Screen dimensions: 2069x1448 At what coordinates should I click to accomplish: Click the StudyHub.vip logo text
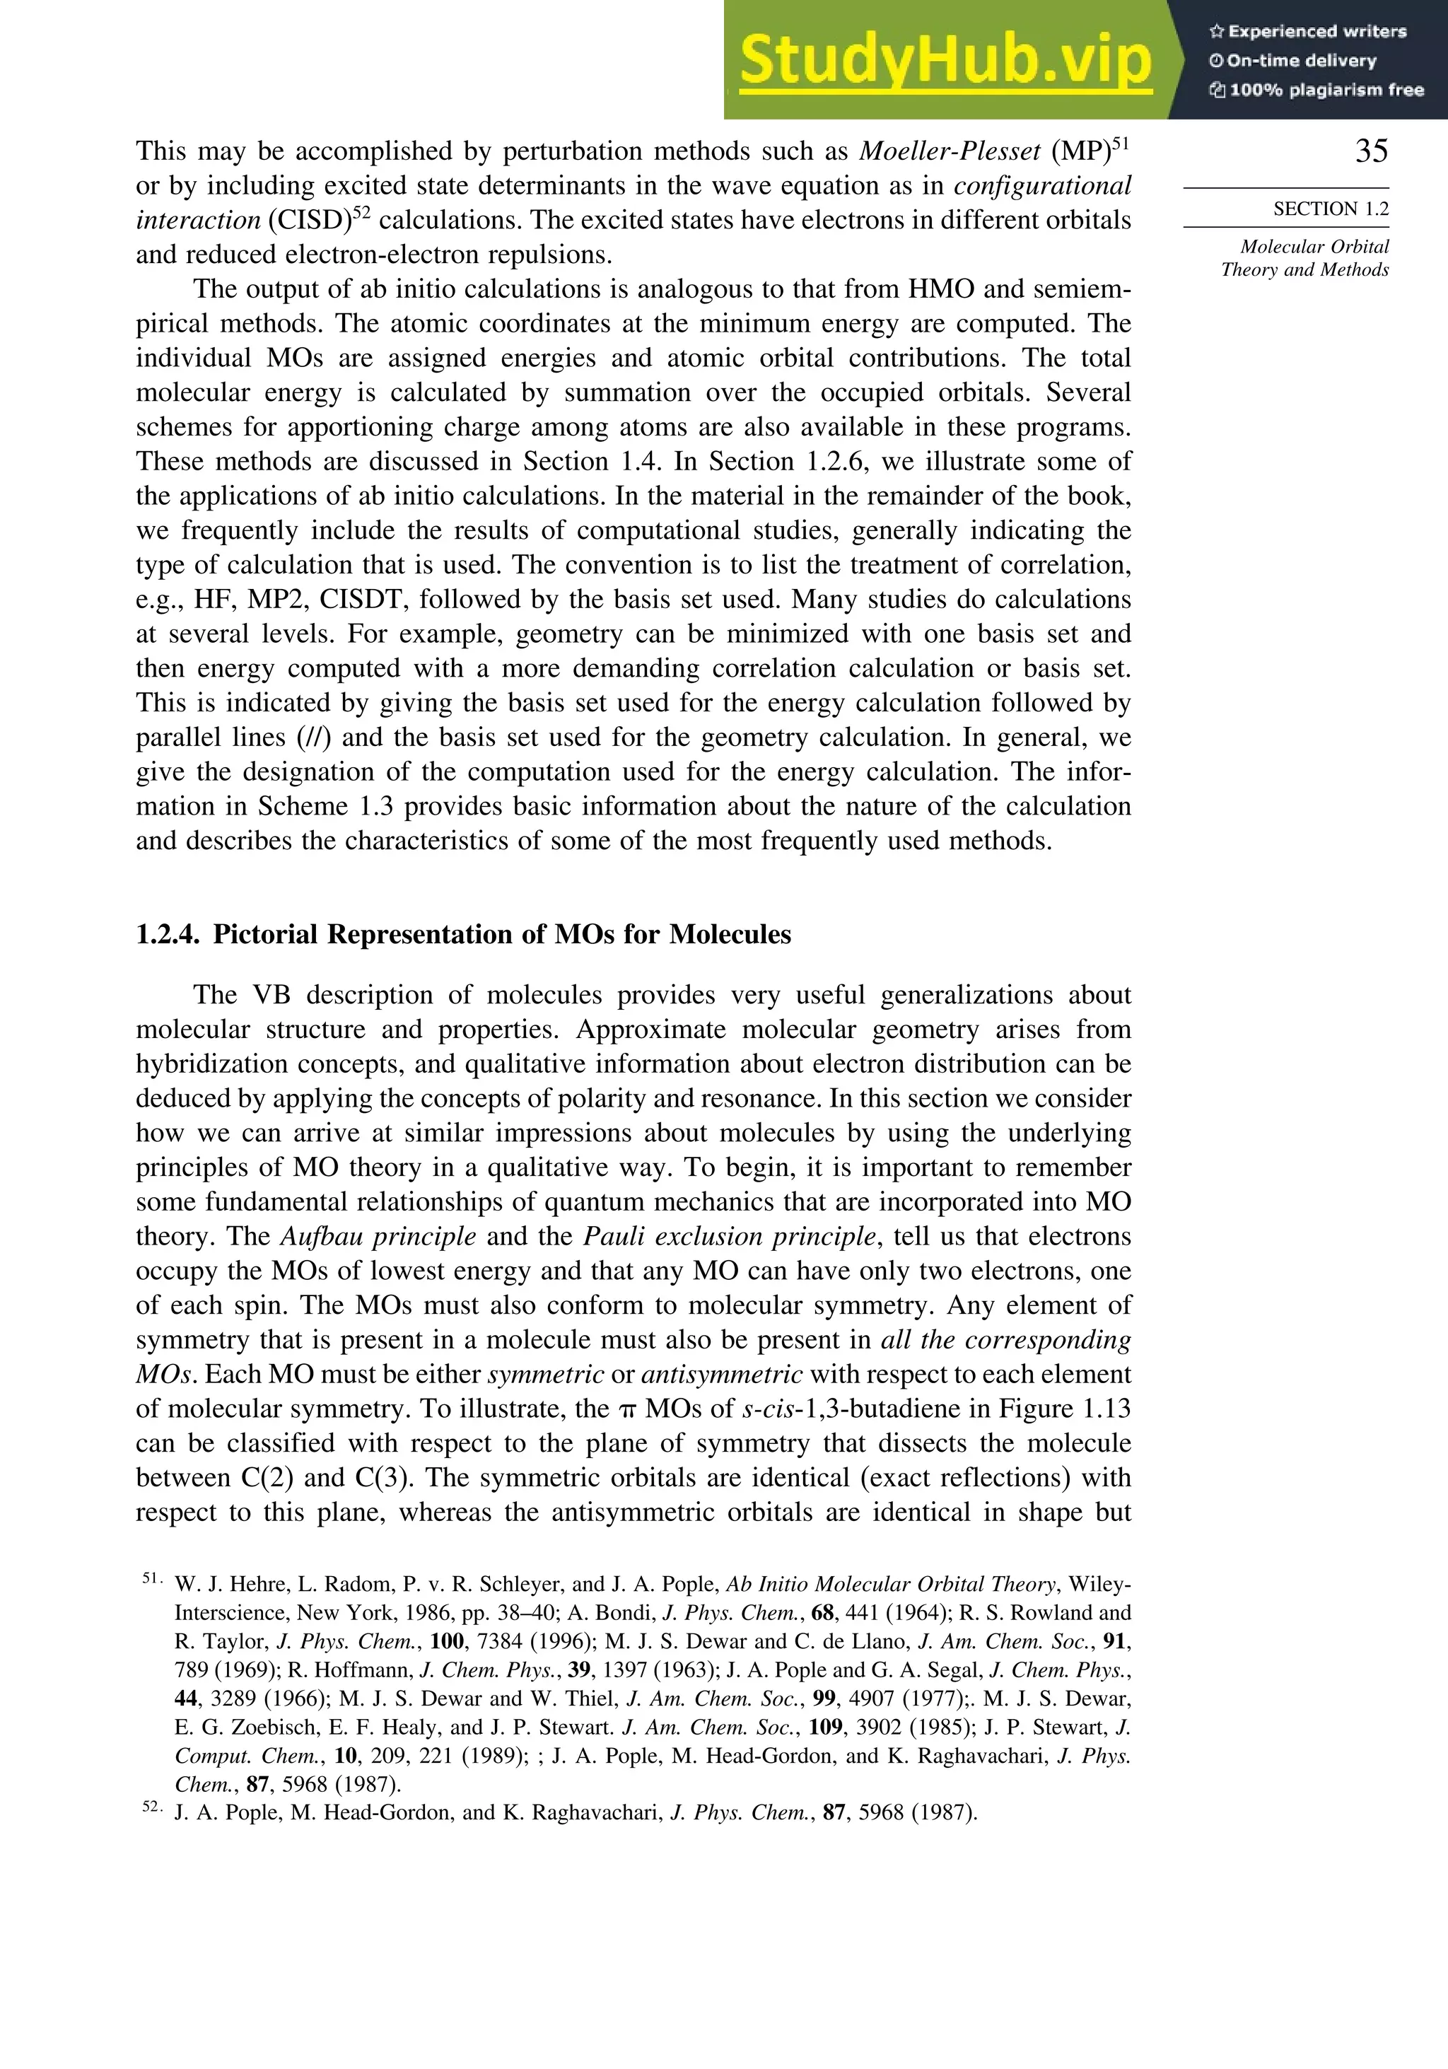(945, 59)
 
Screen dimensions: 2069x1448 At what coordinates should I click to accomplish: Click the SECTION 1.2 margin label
(1330, 209)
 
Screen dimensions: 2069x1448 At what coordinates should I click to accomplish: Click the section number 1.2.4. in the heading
(168, 935)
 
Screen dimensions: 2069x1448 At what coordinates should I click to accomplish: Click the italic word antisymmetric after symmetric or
(721, 1374)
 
